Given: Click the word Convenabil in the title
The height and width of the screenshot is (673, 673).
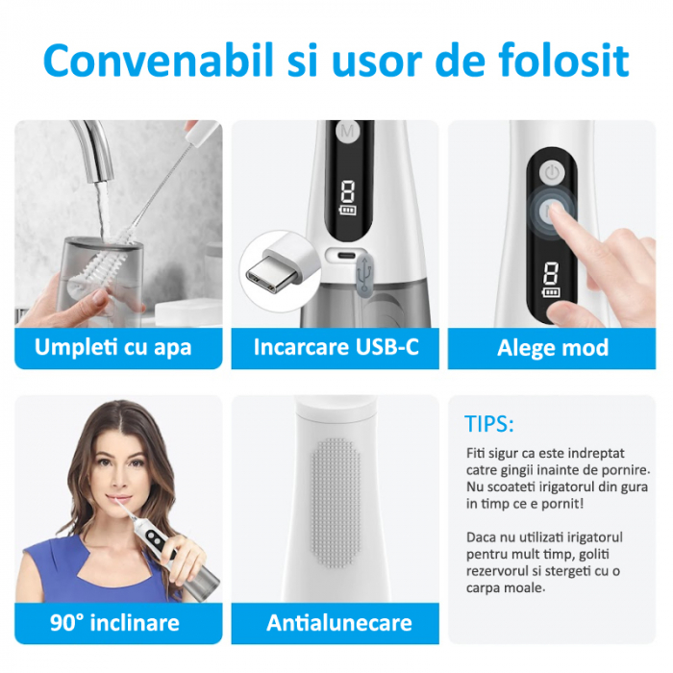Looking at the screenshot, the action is click(x=159, y=60).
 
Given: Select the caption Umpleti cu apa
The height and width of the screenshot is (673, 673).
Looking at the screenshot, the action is click(x=112, y=348).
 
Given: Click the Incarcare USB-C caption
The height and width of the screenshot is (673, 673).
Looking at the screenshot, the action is click(x=336, y=347).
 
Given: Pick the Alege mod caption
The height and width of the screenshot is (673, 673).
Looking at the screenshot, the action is click(x=553, y=348).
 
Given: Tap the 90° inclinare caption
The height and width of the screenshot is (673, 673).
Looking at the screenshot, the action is click(x=114, y=623).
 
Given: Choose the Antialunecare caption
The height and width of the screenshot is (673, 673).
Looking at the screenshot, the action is click(x=339, y=623).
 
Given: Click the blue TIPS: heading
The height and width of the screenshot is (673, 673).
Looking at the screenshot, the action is click(x=488, y=424).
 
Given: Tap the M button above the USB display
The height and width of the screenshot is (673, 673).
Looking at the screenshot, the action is click(x=348, y=131).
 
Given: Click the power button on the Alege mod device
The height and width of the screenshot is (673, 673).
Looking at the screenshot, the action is click(x=552, y=173).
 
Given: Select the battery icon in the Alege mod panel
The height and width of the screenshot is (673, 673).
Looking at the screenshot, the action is click(x=551, y=293).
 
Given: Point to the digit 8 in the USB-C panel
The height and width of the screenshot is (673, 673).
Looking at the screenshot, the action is click(x=347, y=191).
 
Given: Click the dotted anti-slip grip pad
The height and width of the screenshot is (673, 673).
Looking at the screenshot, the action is click(x=336, y=502).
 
